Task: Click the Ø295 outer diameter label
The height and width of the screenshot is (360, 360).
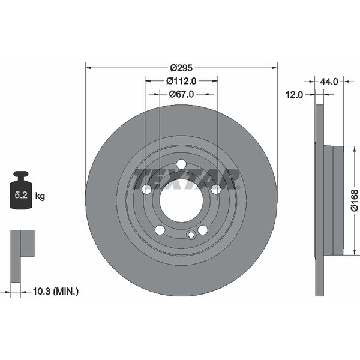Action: click(x=181, y=68)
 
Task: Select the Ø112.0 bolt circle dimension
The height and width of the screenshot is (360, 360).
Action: click(x=181, y=81)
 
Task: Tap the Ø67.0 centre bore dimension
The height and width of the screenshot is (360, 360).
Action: click(x=181, y=94)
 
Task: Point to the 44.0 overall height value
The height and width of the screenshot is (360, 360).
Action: click(x=330, y=81)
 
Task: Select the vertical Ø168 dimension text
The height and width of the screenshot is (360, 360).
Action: click(x=355, y=200)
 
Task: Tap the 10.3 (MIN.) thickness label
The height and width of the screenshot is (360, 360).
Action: click(x=53, y=292)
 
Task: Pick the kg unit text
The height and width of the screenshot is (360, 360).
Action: click(x=40, y=196)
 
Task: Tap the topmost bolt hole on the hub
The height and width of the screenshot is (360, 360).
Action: click(x=181, y=164)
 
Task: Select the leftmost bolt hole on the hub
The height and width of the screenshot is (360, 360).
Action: click(x=146, y=189)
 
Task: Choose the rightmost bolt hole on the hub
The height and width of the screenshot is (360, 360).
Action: click(x=216, y=189)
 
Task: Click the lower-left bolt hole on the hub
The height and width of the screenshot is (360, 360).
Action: click(x=160, y=230)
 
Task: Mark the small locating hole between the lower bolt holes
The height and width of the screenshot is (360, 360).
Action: click(x=191, y=235)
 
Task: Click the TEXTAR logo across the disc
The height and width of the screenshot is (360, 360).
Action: click(x=186, y=179)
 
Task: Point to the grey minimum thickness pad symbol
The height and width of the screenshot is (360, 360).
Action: click(x=22, y=251)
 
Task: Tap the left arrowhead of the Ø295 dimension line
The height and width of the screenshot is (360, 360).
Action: click(x=88, y=68)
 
